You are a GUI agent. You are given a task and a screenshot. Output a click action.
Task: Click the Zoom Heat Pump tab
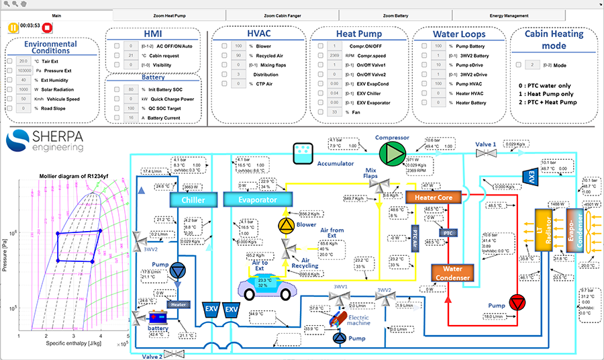(169, 15)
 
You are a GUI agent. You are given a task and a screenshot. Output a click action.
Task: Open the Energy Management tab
(508, 15)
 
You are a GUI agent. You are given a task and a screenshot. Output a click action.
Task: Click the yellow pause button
(12, 27)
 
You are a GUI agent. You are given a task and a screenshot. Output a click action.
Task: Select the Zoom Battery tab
(395, 15)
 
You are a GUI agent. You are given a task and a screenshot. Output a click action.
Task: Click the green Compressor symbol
(389, 153)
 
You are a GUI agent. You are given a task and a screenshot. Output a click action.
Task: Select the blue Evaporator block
(258, 199)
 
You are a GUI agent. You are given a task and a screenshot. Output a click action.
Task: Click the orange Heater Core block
(434, 197)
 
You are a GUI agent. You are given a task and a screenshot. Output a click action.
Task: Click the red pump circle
(517, 302)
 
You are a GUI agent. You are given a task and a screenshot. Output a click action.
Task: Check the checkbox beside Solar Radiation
(10, 89)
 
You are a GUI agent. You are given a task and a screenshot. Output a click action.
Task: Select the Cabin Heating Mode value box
(532, 64)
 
